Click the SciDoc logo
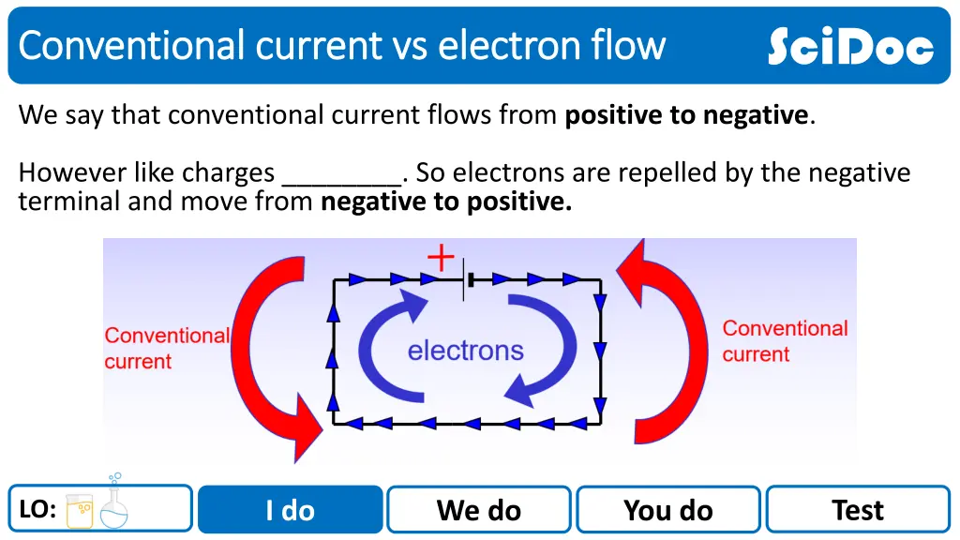pyautogui.click(x=850, y=46)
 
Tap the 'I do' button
pyautogui.click(x=291, y=510)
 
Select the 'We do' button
pyautogui.click(x=479, y=510)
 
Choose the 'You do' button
pyautogui.click(x=668, y=510)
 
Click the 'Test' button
pyautogui.click(x=858, y=510)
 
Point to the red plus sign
pyautogui.click(x=441, y=257)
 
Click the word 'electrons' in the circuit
pyautogui.click(x=465, y=352)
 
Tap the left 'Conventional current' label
pyautogui.click(x=166, y=349)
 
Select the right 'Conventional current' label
pyautogui.click(x=785, y=341)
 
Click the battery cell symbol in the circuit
pyautogui.click(x=466, y=278)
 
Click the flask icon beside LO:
pyautogui.click(x=114, y=504)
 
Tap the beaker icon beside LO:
pyautogui.click(x=80, y=511)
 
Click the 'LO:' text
pyautogui.click(x=37, y=510)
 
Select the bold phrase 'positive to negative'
pyautogui.click(x=686, y=115)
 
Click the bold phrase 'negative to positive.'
pyautogui.click(x=446, y=202)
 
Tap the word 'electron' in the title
pyautogui.click(x=498, y=45)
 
